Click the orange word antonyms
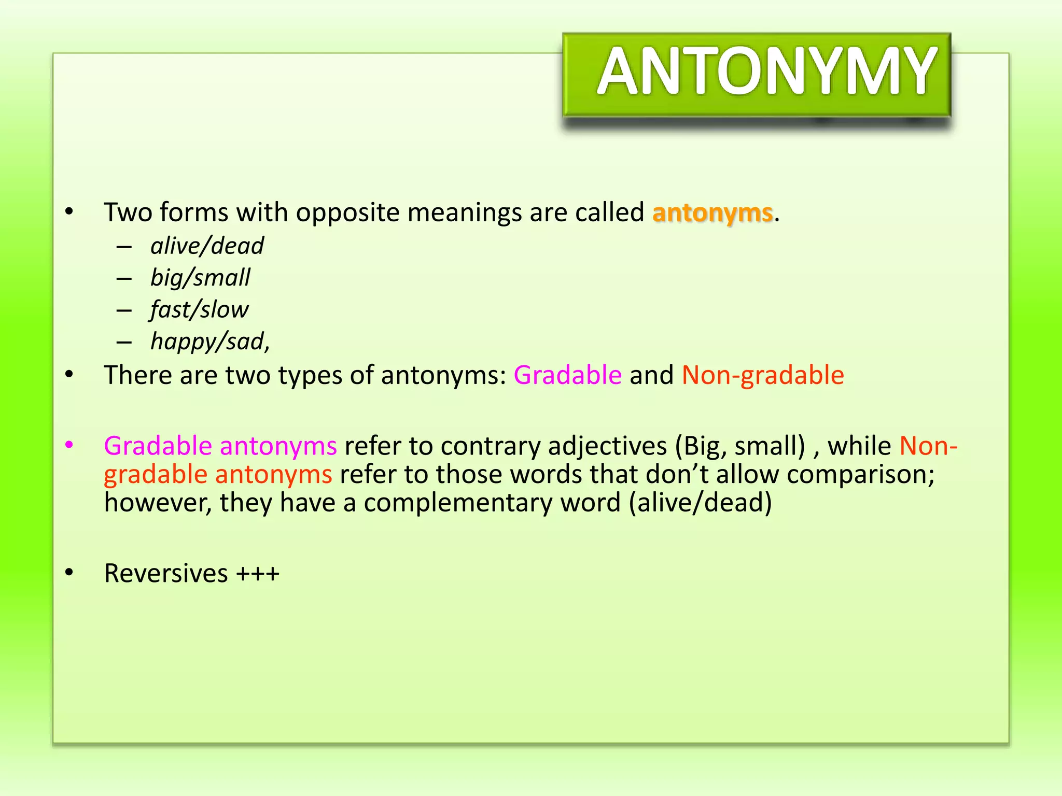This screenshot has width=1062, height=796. (x=712, y=213)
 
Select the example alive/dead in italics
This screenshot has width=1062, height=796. (x=207, y=246)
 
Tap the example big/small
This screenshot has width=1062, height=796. (x=200, y=278)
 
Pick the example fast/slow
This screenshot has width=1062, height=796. (x=199, y=310)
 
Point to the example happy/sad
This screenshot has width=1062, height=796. (x=209, y=342)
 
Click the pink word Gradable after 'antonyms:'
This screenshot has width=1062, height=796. (x=567, y=375)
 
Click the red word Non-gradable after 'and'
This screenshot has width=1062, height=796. (x=762, y=375)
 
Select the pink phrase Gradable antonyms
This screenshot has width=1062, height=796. (x=220, y=446)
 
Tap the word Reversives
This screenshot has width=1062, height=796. (x=166, y=573)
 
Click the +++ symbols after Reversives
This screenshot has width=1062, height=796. (x=258, y=574)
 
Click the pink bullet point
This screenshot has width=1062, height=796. (x=69, y=445)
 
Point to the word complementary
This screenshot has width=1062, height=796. (x=492, y=503)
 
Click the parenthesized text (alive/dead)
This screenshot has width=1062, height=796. (x=700, y=503)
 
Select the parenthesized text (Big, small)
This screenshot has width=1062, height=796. (x=740, y=446)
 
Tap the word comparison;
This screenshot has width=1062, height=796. (x=860, y=474)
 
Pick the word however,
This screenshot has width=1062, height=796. (x=158, y=503)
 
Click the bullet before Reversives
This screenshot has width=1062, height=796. (x=69, y=573)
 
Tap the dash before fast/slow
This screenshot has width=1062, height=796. (x=124, y=310)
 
